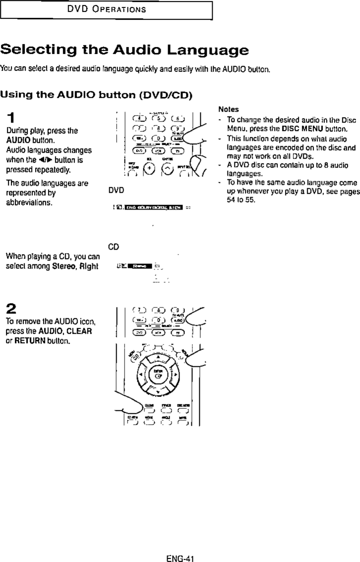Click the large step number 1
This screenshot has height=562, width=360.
(x=10, y=119)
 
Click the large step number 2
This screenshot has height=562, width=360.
(x=11, y=309)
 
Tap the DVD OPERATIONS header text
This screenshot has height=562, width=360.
(x=106, y=9)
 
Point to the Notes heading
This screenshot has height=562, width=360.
(x=228, y=109)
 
